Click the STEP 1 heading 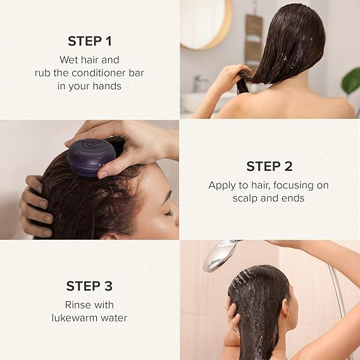tap(90, 41)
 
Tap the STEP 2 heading tap(270, 166)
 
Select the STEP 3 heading tap(89, 286)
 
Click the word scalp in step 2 tap(245, 199)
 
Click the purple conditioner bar tap(91, 158)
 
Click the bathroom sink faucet tap(199, 83)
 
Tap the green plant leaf tap(351, 82)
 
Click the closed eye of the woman tap(169, 214)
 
